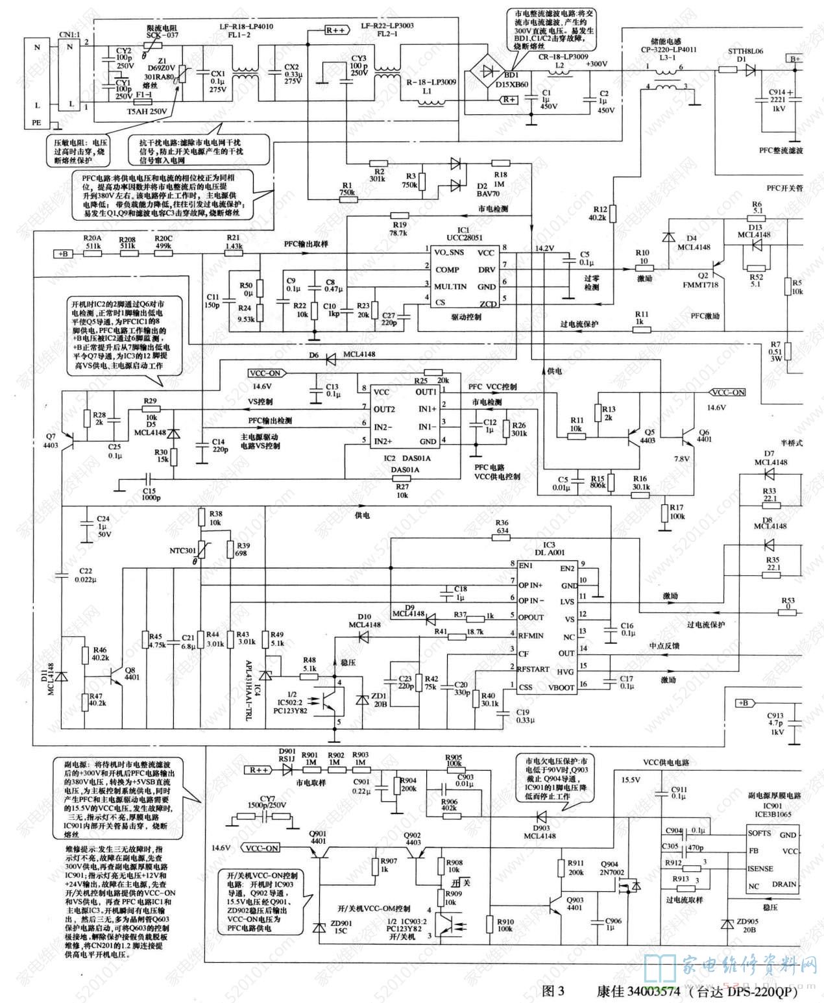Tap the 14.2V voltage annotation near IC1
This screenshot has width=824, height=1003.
545,249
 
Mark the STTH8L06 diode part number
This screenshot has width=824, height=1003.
745,51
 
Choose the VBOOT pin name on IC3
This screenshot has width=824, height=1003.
561,687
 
